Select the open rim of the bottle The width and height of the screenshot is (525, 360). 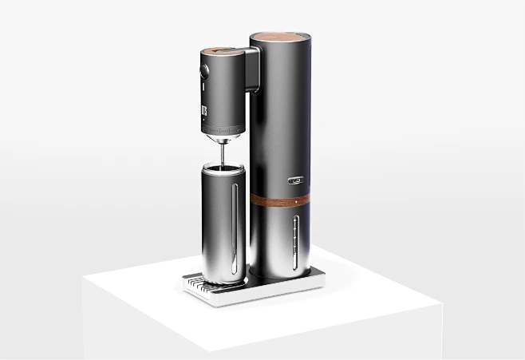[x=223, y=167]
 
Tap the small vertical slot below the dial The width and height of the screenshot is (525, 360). [x=203, y=89]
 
